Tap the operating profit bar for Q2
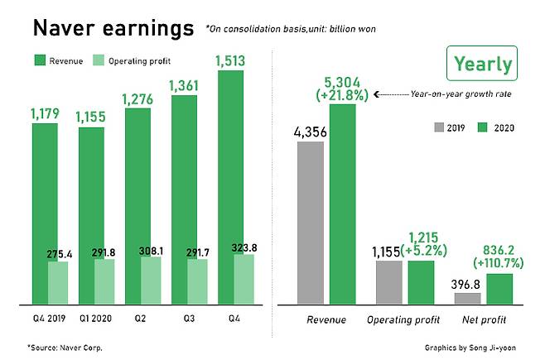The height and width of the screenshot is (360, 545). click(x=151, y=280)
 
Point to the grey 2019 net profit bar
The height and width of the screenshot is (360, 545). click(x=467, y=297)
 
